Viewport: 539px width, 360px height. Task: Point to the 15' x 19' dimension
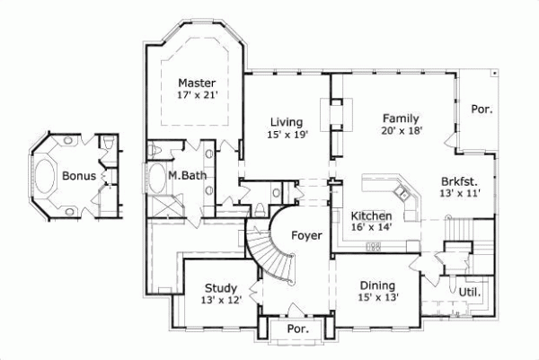[x=287, y=135]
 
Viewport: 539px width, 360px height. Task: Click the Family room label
[x=401, y=118]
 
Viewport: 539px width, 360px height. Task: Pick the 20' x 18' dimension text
[x=402, y=130]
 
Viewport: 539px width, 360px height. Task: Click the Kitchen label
[x=371, y=216]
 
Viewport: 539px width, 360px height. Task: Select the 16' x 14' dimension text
[x=371, y=229]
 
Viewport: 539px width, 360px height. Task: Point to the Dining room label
[x=377, y=285]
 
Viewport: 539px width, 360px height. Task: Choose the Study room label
[x=221, y=288]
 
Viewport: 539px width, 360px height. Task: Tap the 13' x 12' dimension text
[x=221, y=301]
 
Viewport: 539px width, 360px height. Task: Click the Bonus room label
[x=79, y=176]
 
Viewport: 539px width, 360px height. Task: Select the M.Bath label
[x=186, y=176]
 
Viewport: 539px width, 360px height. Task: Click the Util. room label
[x=469, y=292]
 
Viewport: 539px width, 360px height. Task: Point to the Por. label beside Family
[x=482, y=109]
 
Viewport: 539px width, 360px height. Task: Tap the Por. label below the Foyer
[x=296, y=329]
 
